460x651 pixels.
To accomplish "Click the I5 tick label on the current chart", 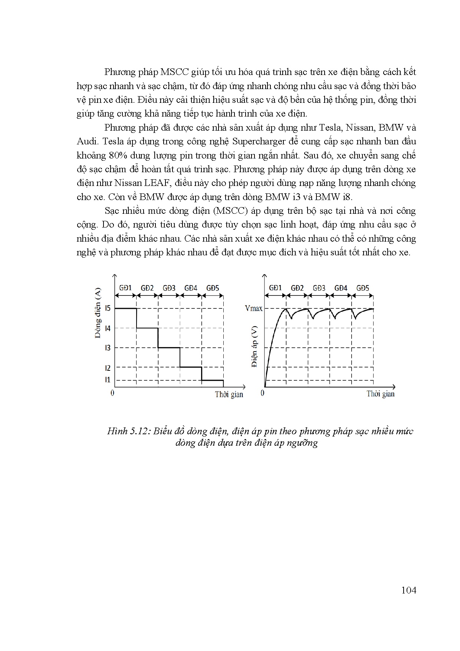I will click(108, 308).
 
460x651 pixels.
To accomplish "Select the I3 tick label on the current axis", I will click(108, 348).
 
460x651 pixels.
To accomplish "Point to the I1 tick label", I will click(108, 379).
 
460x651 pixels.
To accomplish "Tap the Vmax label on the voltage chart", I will click(254, 308).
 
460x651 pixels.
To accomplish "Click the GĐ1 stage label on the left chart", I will click(126, 288).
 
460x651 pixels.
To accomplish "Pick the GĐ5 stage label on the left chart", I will click(213, 288).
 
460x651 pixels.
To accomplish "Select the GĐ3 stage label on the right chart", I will click(319, 288).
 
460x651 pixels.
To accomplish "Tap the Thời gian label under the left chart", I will click(229, 394).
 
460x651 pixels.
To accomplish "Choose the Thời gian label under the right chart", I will click(381, 394).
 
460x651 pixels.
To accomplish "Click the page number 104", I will click(408, 590).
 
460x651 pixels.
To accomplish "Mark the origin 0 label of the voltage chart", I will click(263, 393).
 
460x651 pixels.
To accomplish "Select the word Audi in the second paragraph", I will click(86, 141).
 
